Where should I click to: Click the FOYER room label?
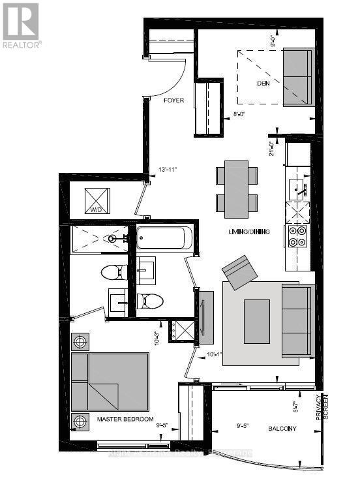(173, 100)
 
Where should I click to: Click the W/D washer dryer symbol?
(98, 199)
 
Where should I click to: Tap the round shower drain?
(113, 239)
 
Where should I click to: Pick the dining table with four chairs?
(236, 189)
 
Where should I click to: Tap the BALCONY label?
(282, 429)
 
